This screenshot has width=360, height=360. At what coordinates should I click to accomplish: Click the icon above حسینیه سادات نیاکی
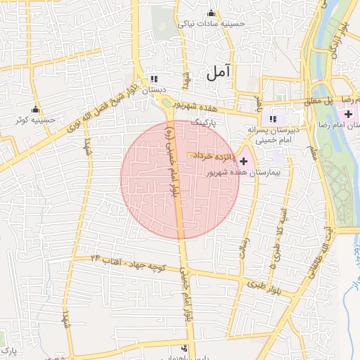tap(211, 13)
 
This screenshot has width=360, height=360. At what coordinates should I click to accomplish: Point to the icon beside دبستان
tap(154, 79)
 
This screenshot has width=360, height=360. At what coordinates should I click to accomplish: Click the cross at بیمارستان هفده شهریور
tap(244, 162)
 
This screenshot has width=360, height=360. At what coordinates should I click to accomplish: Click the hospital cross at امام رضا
tap(349, 114)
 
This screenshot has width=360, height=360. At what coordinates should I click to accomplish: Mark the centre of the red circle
tap(180, 179)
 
